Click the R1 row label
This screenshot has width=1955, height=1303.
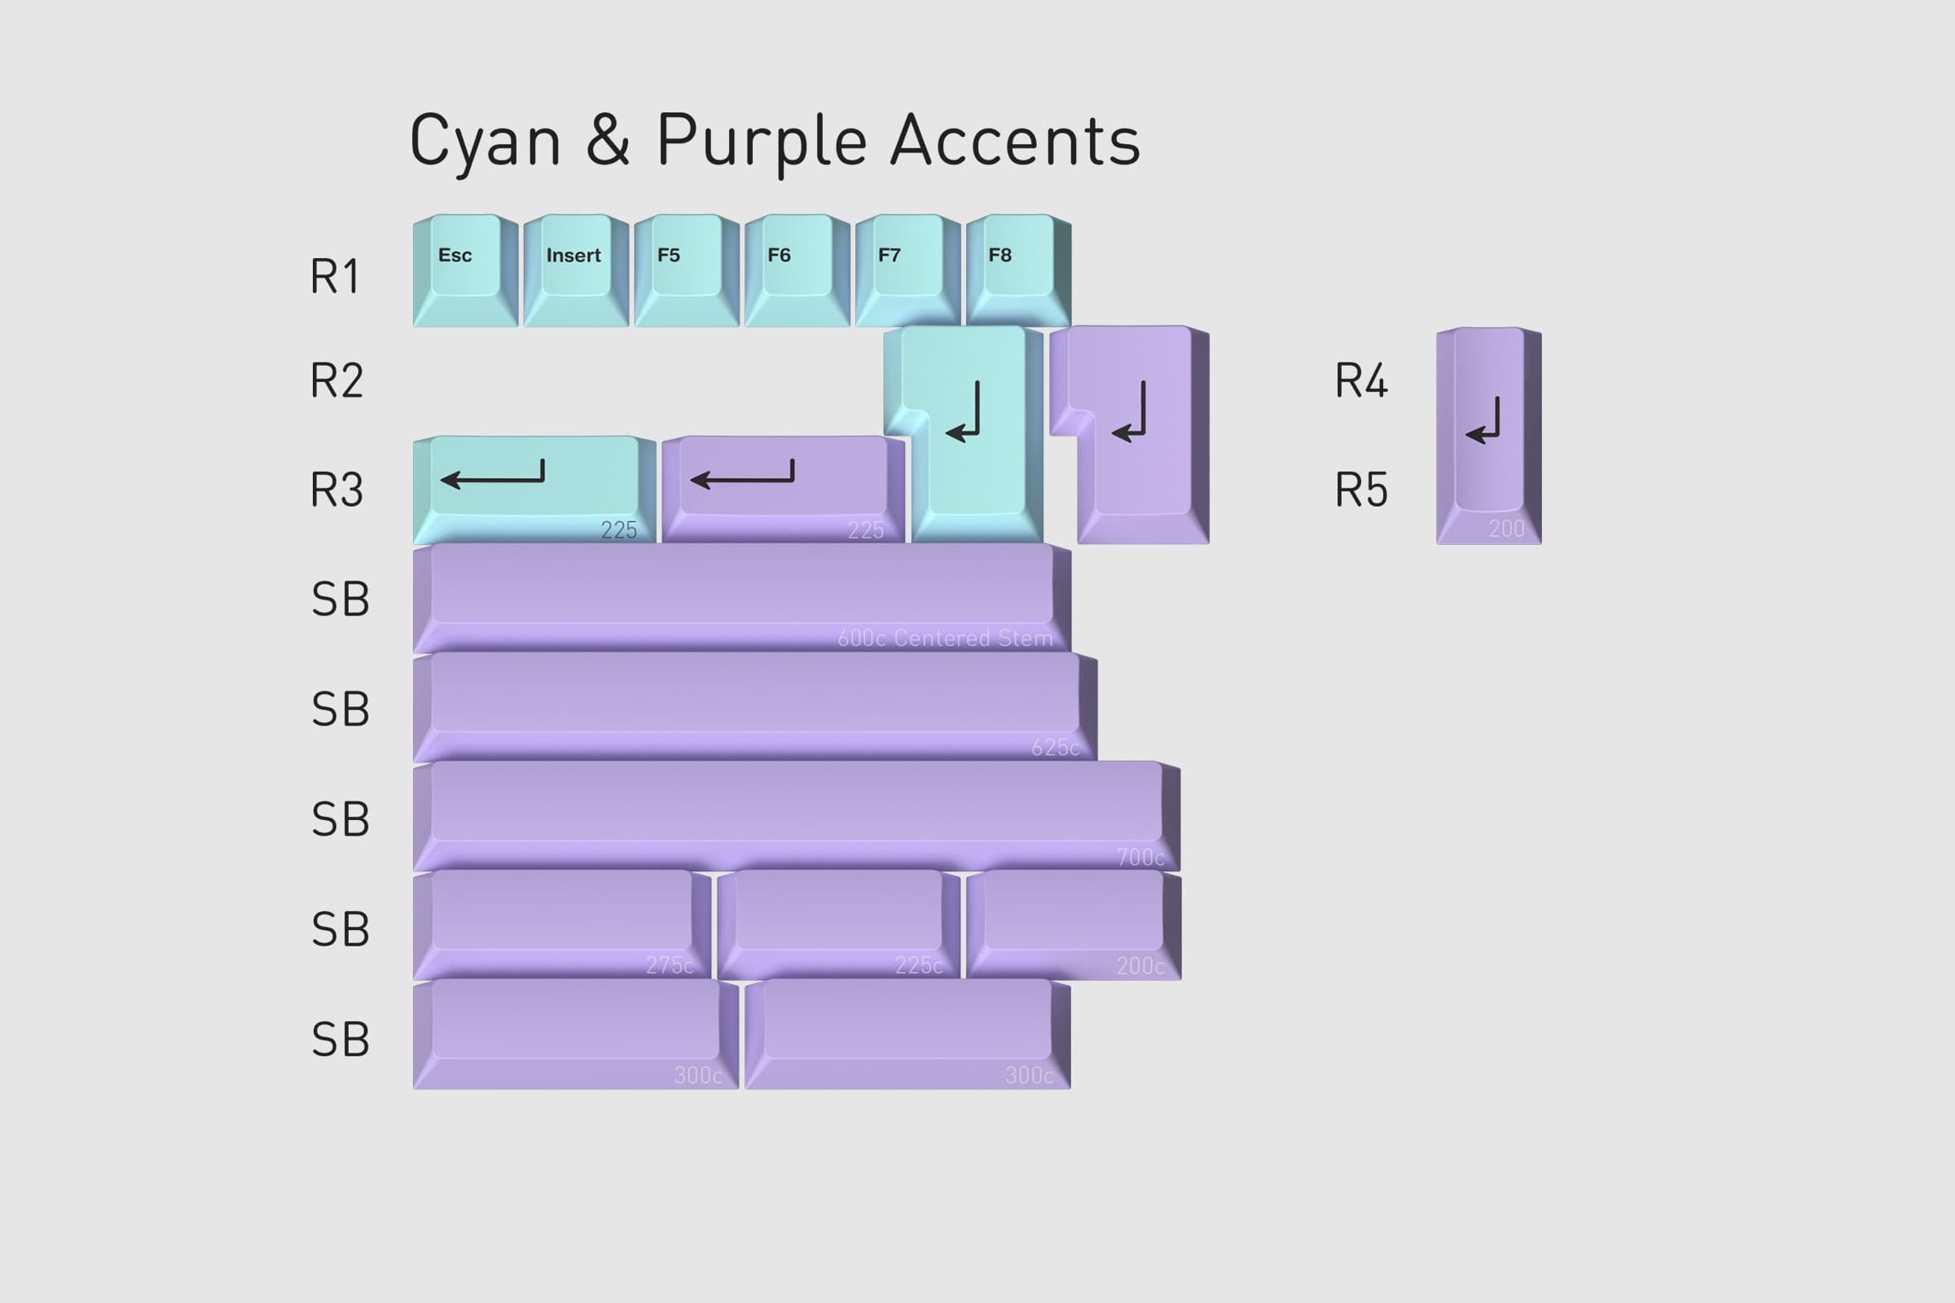pyautogui.click(x=335, y=276)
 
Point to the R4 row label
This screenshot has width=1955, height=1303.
pyautogui.click(x=1360, y=380)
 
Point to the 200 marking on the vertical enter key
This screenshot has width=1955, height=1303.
pyautogui.click(x=1506, y=529)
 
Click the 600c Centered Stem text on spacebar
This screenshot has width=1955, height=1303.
pyautogui.click(x=945, y=638)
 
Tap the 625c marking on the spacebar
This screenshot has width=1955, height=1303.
pyautogui.click(x=1055, y=747)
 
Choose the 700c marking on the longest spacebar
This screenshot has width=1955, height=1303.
pyautogui.click(x=1140, y=857)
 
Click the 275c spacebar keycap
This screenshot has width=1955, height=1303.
pyautogui.click(x=561, y=923)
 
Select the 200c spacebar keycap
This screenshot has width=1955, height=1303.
pyautogui.click(x=1073, y=923)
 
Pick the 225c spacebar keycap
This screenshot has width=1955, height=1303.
pyautogui.click(x=838, y=923)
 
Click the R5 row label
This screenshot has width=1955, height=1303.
pyautogui.click(x=1360, y=489)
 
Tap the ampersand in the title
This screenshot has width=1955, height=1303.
pyautogui.click(x=608, y=141)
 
